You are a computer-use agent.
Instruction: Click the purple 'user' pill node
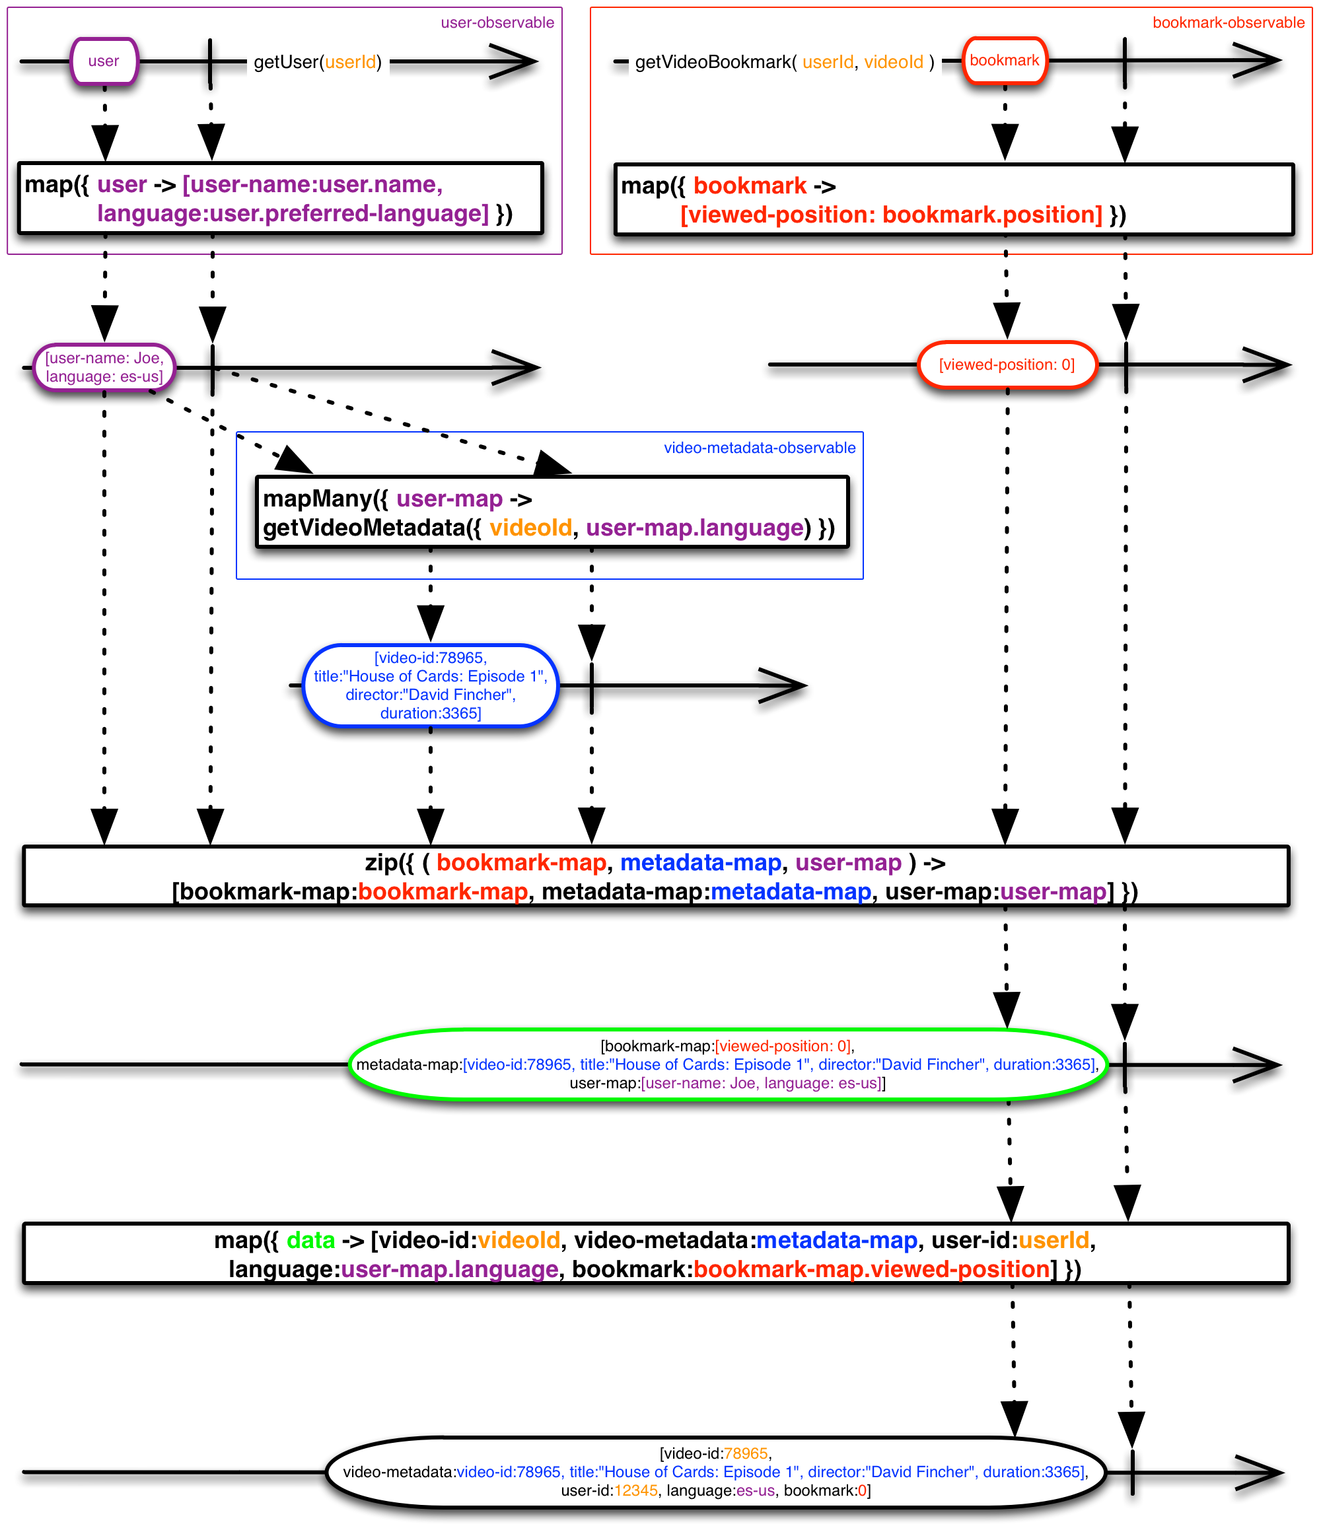tap(104, 61)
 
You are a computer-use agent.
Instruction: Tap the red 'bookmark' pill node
tap(1004, 61)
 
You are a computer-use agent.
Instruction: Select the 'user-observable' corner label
tap(497, 23)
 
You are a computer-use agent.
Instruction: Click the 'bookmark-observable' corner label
tap(1228, 23)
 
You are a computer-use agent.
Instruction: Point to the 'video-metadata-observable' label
tap(759, 448)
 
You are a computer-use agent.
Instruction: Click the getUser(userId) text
tap(317, 62)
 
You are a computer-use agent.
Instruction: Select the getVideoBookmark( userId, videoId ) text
tap(784, 62)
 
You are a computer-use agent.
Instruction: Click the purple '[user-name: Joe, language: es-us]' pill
tap(104, 367)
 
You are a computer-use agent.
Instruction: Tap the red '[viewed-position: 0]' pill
tap(1006, 365)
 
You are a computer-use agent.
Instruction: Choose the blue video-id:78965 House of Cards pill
tap(431, 685)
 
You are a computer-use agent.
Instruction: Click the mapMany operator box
tap(551, 512)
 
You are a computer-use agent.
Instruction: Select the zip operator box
tap(655, 876)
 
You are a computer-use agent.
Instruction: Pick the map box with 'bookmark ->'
tap(953, 199)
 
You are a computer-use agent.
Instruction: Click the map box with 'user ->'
tap(280, 198)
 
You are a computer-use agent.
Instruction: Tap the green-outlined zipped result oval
tap(728, 1064)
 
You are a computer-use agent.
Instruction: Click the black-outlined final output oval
tap(715, 1471)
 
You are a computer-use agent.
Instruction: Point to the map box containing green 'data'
tap(655, 1254)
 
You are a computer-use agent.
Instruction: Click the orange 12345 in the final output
tap(635, 1490)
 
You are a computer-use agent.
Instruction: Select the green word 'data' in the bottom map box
tap(310, 1240)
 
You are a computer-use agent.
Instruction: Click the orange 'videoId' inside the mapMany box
tap(530, 528)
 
